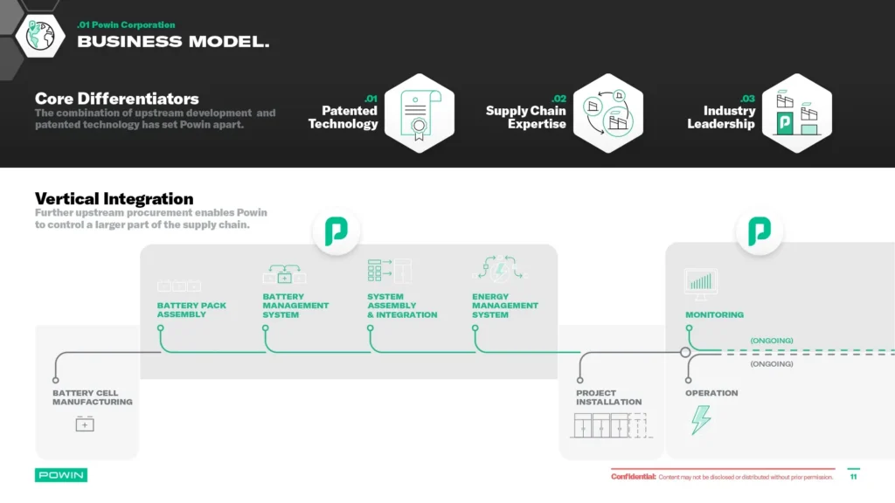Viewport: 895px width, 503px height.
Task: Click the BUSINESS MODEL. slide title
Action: tap(173, 42)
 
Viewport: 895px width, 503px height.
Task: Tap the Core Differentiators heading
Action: tap(116, 99)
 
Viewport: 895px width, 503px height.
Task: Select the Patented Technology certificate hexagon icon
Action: tap(420, 114)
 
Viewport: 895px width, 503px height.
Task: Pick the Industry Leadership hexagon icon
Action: tap(796, 114)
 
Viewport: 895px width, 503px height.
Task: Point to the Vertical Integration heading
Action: tap(114, 199)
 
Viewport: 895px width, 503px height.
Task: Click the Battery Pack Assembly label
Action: tap(191, 310)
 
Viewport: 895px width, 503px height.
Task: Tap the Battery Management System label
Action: tap(295, 306)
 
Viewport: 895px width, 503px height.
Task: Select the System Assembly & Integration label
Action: tap(402, 306)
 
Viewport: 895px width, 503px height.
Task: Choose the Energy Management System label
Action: tap(505, 306)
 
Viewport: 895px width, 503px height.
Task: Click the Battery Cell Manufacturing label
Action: tap(92, 397)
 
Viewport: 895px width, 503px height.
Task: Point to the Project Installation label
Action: tap(608, 397)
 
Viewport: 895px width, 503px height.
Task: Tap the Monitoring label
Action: tap(714, 314)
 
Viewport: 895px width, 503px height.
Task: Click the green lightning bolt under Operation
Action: tap(701, 420)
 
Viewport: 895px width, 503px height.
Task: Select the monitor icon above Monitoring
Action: tap(701, 283)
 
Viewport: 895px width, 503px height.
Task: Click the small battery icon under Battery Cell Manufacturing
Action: tap(85, 424)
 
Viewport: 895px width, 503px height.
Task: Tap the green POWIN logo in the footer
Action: tap(61, 475)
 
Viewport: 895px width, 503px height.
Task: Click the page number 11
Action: tap(853, 477)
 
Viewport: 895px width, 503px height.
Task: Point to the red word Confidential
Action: tap(633, 477)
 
